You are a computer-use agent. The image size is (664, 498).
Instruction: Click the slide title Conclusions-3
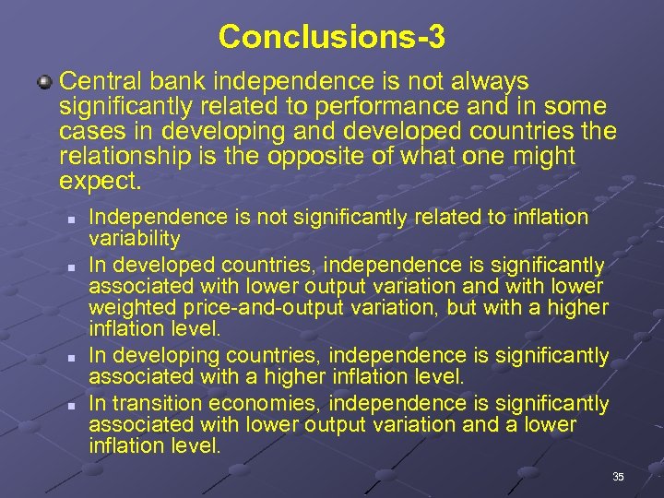click(332, 37)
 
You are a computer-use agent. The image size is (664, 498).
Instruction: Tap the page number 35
click(618, 476)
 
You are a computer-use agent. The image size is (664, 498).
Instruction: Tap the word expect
click(101, 181)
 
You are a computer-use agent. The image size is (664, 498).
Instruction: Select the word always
click(481, 82)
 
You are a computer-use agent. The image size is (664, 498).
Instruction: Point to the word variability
click(134, 238)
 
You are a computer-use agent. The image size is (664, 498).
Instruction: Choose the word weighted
click(126, 307)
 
